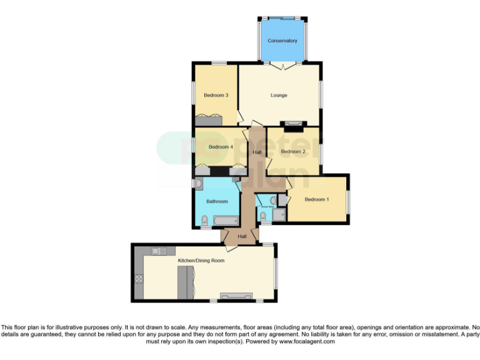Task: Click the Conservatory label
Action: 282,41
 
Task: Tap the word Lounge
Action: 279,96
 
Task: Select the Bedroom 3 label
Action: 216,96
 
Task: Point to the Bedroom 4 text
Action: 220,147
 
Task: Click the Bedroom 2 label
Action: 292,151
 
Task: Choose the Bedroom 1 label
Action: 316,199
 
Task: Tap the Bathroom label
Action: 217,201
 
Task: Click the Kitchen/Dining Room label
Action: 201,260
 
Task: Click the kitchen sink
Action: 157,251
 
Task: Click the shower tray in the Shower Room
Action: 279,214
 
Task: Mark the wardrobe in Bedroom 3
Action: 208,119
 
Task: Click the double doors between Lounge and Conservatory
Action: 282,64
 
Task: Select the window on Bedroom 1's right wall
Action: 348,200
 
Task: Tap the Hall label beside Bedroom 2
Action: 257,152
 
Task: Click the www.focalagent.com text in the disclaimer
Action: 307,342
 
